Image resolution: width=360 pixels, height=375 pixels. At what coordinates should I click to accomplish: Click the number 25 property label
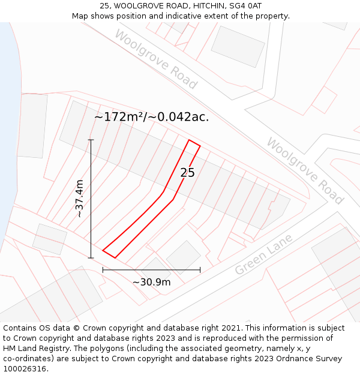[x=187, y=173]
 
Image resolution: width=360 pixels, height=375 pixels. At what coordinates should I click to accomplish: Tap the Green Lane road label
[x=263, y=254]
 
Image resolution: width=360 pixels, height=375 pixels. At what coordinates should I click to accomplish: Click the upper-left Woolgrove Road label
[x=155, y=59]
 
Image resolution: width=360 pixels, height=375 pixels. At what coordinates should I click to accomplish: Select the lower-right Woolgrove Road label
[x=305, y=170]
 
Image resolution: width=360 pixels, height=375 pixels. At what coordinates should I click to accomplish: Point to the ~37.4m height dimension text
[x=79, y=199]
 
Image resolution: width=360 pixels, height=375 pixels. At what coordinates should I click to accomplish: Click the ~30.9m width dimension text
[x=151, y=282]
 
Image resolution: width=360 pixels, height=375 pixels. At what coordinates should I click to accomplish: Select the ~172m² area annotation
[x=118, y=117]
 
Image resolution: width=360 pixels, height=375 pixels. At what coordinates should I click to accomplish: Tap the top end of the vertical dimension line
[x=91, y=140]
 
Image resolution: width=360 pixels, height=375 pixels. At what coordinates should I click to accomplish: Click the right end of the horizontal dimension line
[x=200, y=270]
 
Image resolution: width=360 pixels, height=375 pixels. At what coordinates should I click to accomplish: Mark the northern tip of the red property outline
[x=190, y=140]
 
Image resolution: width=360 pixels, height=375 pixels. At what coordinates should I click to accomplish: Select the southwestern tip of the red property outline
[x=103, y=251]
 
